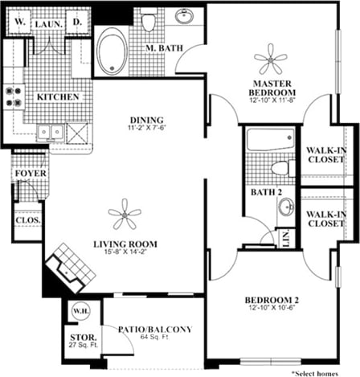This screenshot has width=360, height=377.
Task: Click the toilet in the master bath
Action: [148, 22]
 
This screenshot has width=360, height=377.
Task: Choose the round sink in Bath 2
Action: [286, 207]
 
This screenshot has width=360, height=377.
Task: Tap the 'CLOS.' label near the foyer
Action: [28, 219]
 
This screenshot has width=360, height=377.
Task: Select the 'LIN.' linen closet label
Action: [286, 237]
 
